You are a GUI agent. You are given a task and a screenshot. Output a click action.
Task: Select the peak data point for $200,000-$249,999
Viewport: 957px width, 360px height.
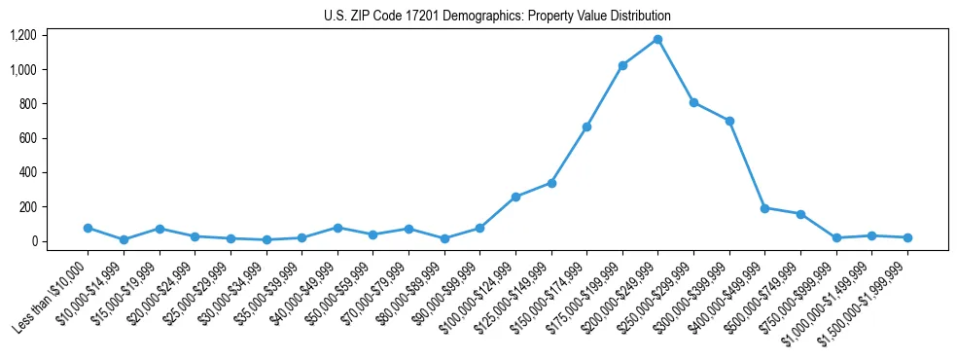tap(657, 39)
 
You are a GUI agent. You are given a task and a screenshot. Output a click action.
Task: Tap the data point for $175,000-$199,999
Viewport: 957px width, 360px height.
tap(622, 65)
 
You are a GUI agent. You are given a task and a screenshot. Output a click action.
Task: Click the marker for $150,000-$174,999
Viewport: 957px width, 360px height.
tap(586, 126)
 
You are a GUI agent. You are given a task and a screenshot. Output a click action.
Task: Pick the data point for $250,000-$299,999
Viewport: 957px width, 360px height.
tap(693, 102)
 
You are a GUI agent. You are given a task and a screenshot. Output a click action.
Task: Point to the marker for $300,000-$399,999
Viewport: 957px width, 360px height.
tap(729, 121)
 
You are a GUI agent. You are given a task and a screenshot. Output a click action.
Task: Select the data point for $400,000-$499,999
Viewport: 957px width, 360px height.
tap(764, 208)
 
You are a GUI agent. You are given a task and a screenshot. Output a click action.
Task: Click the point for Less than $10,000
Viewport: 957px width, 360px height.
tap(88, 228)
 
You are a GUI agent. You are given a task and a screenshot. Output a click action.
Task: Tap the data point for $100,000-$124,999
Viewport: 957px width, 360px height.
tap(515, 197)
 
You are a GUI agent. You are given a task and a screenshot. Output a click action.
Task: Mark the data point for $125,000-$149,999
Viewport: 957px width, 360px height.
tap(551, 183)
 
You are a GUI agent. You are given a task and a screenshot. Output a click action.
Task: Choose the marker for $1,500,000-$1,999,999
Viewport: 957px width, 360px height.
tap(907, 237)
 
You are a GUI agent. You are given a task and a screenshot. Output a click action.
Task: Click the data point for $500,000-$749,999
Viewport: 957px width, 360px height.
tap(800, 214)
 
